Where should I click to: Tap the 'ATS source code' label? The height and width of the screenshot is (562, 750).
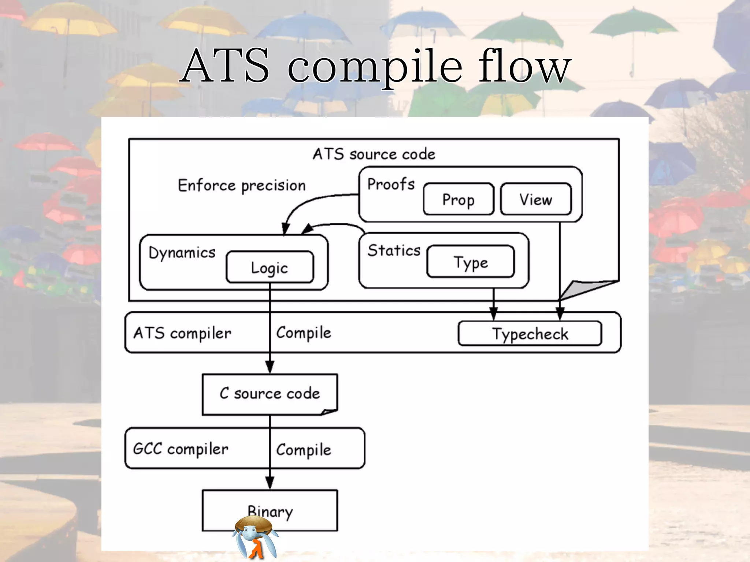point(374,154)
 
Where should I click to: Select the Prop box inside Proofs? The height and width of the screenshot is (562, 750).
point(458,199)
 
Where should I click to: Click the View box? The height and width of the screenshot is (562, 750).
point(535,199)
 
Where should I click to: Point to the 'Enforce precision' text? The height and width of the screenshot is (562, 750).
point(242,186)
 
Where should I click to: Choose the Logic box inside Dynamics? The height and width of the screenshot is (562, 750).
point(270,267)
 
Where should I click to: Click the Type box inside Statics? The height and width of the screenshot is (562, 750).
point(471,262)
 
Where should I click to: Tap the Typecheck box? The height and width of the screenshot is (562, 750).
point(530,334)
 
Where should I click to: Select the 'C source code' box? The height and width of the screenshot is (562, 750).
point(270,394)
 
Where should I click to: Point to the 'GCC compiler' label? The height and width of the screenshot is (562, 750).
point(181,449)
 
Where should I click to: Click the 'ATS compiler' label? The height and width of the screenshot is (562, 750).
point(182,333)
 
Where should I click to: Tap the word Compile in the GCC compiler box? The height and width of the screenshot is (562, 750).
point(304,450)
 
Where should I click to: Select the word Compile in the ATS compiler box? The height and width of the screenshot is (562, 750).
point(304,333)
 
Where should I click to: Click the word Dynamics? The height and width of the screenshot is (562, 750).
point(182,252)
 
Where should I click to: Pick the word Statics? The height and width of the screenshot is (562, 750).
point(394,251)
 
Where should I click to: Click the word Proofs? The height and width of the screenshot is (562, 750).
point(391,184)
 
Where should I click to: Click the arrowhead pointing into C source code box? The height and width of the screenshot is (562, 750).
point(270,367)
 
